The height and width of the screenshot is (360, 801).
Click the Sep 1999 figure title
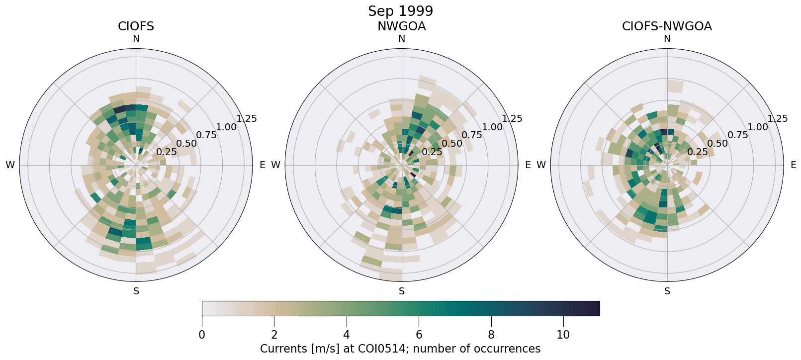pos(400,11)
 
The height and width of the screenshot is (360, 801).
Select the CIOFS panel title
pos(136,26)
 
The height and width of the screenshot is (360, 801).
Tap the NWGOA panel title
pos(401,26)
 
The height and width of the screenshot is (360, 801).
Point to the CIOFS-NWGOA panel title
pos(667,26)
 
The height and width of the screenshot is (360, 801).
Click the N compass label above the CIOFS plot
pos(136,39)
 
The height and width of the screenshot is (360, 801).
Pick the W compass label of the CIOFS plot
pos(10,165)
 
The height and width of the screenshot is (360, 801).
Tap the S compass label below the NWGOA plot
pos(401,291)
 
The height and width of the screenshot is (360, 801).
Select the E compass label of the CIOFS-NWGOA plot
pos(793,165)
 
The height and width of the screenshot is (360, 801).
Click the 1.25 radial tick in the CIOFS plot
pos(247,118)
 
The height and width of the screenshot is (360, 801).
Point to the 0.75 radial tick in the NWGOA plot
pos(471,135)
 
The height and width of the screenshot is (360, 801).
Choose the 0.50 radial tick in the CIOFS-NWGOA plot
pos(717,144)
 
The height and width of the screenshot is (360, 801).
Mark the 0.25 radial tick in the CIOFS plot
pos(167,152)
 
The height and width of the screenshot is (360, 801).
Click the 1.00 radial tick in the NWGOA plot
pos(492,127)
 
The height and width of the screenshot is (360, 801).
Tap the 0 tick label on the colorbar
pos(202,335)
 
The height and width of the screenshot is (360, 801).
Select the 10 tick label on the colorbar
pos(563,335)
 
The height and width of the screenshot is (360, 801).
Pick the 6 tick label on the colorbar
pos(419,335)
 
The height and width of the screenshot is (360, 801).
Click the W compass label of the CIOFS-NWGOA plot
pos(541,165)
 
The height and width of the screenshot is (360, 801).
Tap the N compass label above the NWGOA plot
pos(401,39)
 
